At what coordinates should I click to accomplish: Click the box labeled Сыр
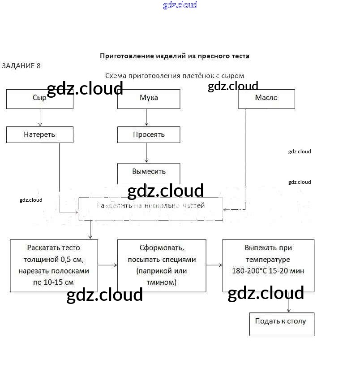coord(40,99)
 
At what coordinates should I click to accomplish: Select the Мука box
coord(149,99)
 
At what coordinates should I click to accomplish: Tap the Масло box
coord(266,99)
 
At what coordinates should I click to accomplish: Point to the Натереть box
coord(40,134)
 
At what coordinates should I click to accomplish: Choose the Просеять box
coord(149,134)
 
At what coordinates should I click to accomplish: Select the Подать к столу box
coord(282,324)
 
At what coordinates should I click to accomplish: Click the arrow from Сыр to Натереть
coord(40,117)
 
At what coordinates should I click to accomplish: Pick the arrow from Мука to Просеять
coord(146,117)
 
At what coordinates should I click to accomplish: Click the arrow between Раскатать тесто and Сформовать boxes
coord(107,265)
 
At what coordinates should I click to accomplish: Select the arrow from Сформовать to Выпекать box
coord(214,265)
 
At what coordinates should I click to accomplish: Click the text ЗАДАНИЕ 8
coord(21,66)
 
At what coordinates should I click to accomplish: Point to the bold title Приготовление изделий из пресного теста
coord(175,56)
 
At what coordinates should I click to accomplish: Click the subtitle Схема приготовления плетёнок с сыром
coord(175,76)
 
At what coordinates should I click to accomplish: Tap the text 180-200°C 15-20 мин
coord(268,271)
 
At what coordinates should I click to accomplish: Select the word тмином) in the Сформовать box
coord(162,282)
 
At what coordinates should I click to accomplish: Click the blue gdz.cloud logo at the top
coord(180,5)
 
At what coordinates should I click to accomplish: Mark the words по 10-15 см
coord(53,282)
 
